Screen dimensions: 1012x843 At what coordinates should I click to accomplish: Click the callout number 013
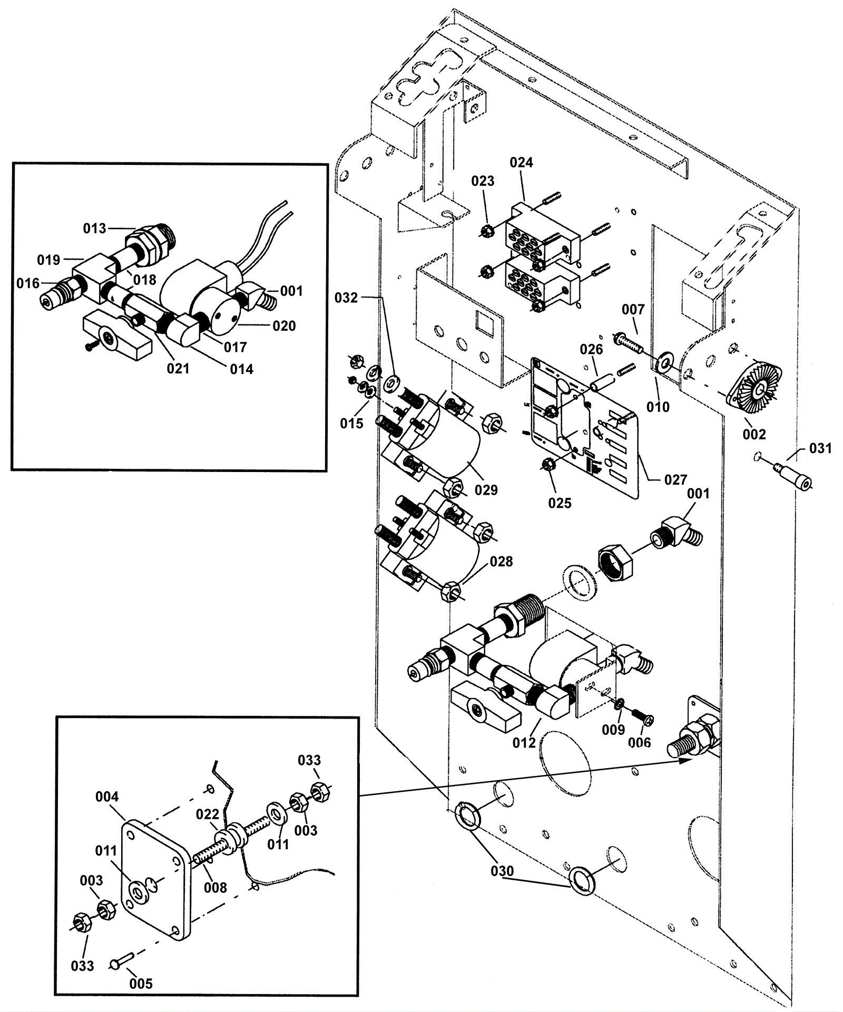point(94,229)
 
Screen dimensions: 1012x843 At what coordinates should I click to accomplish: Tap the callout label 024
point(521,163)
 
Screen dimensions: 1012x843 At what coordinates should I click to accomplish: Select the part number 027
point(675,479)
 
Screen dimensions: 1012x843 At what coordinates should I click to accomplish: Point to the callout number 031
point(820,448)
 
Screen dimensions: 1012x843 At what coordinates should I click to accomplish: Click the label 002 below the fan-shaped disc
point(754,434)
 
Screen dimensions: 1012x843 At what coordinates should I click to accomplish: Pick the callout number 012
point(524,742)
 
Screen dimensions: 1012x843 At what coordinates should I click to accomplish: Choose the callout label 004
point(107,797)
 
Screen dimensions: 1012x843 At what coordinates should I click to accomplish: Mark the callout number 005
point(141,984)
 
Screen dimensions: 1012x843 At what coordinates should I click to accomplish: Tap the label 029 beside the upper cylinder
point(486,490)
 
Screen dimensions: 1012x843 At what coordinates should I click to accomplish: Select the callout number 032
point(346,298)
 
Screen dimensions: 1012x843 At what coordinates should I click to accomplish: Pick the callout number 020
point(284,326)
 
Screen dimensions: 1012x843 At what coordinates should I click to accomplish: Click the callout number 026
point(591,349)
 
